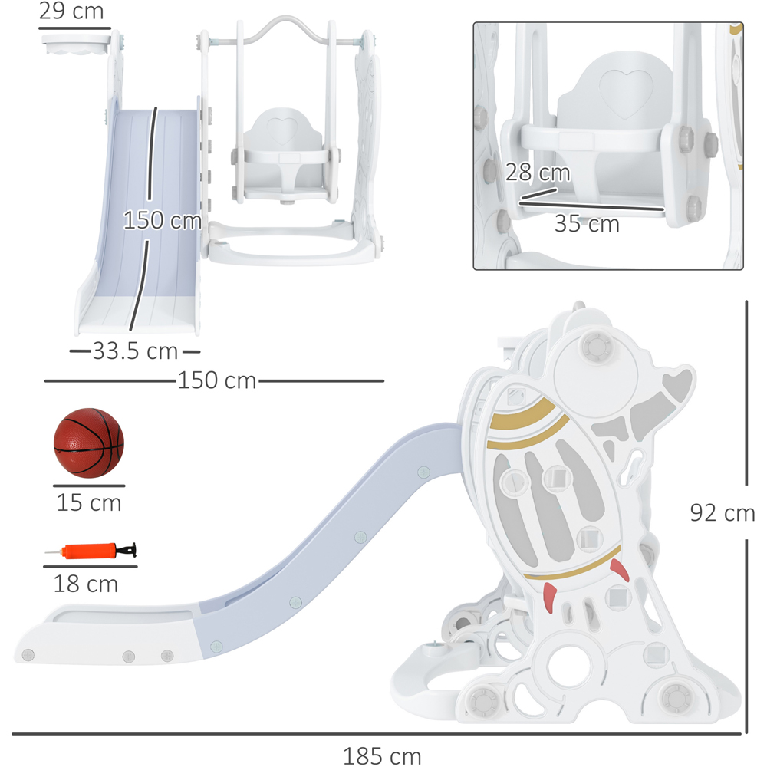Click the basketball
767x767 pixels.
(88, 443)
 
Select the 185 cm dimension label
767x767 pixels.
(382, 755)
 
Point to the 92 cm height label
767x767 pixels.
(723, 512)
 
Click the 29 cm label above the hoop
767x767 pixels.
(71, 11)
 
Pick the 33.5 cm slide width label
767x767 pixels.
(135, 351)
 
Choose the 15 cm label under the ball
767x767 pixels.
(89, 502)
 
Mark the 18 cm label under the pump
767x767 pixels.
(86, 584)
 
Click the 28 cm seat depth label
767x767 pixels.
(538, 172)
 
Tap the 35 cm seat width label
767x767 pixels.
(587, 223)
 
